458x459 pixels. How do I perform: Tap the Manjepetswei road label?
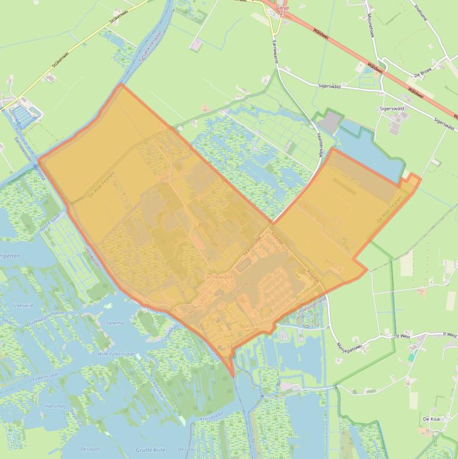pyautogui.click(x=346, y=349)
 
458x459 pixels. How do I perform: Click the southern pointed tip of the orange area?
pyautogui.click(x=232, y=376)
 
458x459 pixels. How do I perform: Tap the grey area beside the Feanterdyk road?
pyautogui.click(x=332, y=123)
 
